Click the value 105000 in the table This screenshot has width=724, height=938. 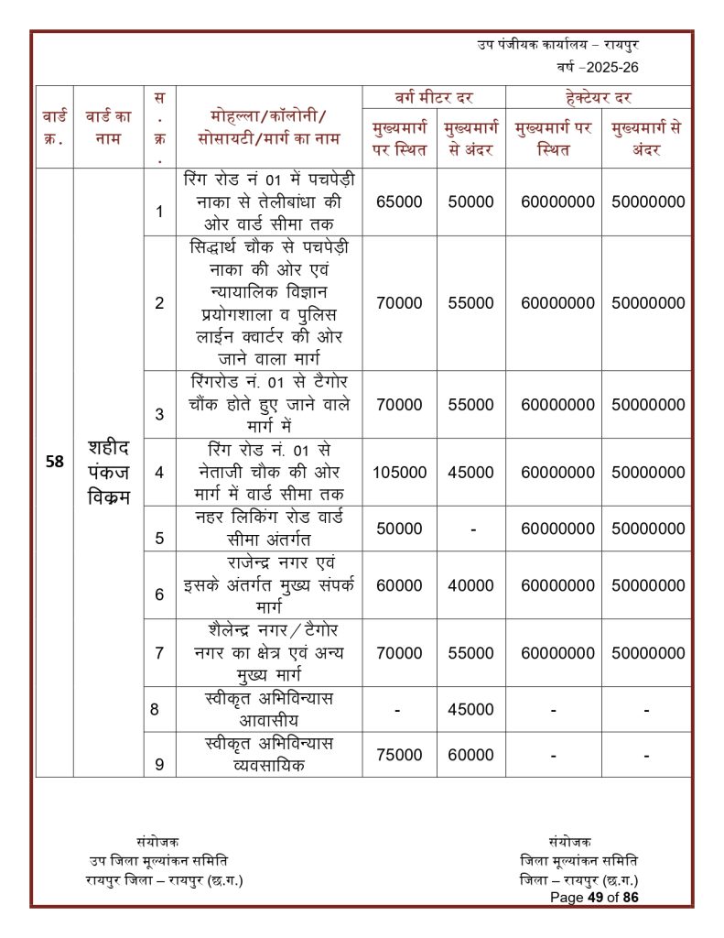(x=400, y=473)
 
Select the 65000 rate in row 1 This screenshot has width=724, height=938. (x=400, y=202)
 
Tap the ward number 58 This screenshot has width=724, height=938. (x=55, y=462)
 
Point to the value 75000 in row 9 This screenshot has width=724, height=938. (x=400, y=755)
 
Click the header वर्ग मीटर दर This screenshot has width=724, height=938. (x=434, y=97)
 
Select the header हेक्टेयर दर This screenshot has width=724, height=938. (x=600, y=97)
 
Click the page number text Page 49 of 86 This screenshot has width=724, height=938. (x=594, y=898)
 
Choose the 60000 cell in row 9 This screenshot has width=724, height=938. (x=470, y=755)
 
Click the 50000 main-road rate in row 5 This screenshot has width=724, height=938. (x=400, y=529)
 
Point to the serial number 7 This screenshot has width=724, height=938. (x=159, y=653)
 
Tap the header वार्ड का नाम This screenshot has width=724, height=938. (x=108, y=127)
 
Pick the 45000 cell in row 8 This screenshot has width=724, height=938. (x=470, y=709)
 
